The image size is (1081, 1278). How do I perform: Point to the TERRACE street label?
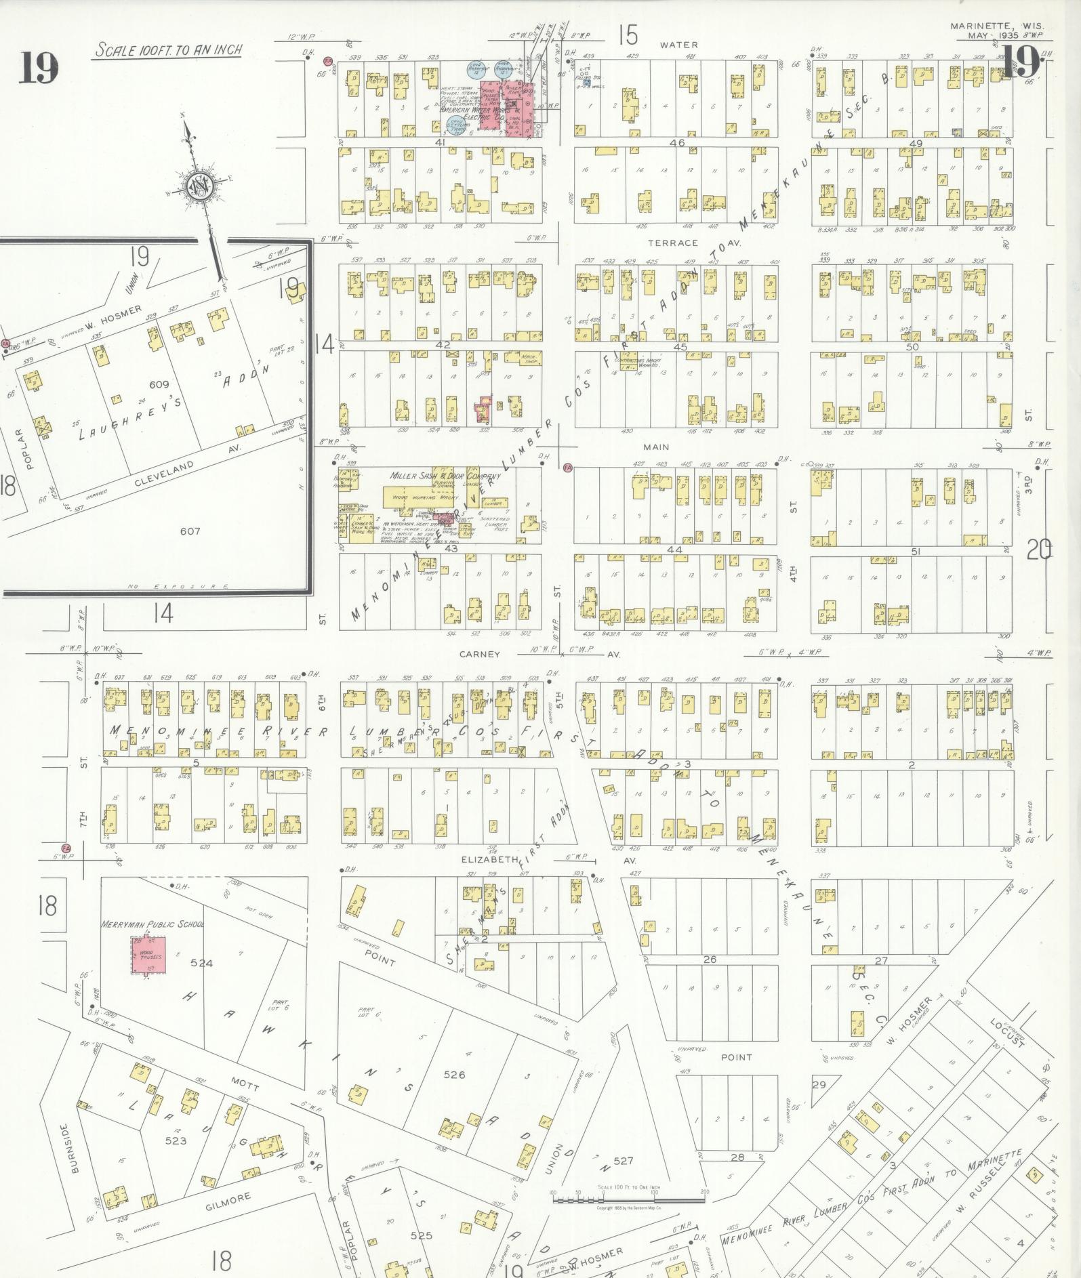click(x=672, y=243)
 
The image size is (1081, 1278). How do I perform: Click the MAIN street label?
click(x=656, y=447)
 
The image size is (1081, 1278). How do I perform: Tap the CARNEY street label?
click(x=479, y=655)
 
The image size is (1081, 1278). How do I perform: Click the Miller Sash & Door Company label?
click(x=445, y=476)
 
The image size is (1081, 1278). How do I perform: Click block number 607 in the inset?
click(x=190, y=531)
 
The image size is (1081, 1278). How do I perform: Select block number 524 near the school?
click(x=201, y=963)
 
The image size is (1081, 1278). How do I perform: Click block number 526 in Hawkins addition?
click(x=454, y=1075)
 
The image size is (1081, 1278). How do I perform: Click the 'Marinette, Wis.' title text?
click(x=981, y=26)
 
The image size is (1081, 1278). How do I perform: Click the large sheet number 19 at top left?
click(x=39, y=68)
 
